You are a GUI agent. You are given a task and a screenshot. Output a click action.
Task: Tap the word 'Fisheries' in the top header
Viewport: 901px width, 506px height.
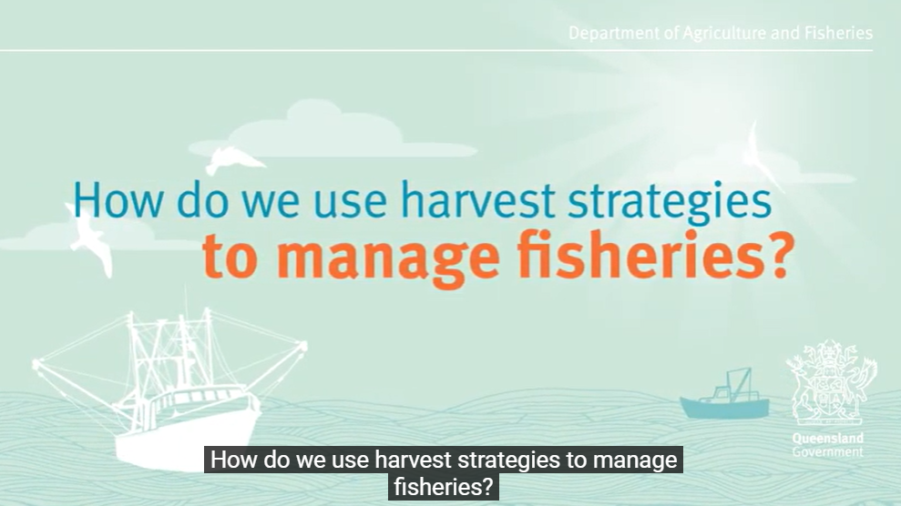(x=838, y=33)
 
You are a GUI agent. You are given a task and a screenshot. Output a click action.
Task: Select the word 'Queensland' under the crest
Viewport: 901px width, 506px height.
(x=828, y=439)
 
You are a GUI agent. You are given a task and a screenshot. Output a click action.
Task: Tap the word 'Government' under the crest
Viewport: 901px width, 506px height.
(x=828, y=452)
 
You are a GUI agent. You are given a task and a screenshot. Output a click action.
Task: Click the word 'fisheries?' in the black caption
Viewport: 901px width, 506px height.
(x=444, y=487)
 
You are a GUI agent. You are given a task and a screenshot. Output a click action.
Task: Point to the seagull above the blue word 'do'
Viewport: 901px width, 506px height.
(x=232, y=159)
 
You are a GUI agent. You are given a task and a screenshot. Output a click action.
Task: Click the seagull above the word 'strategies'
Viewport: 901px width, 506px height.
(x=763, y=155)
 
